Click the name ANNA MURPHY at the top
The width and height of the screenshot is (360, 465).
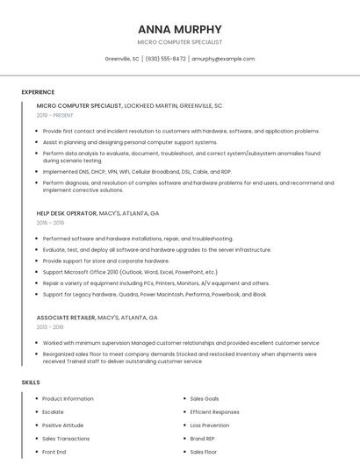pyautogui.click(x=179, y=29)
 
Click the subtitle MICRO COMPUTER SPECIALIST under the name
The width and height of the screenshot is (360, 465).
pyautogui.click(x=179, y=42)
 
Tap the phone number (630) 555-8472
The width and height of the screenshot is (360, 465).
pyautogui.click(x=165, y=59)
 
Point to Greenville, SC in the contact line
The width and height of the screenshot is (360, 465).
pyautogui.click(x=122, y=59)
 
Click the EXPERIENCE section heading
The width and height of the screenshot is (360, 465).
pyautogui.click(x=38, y=92)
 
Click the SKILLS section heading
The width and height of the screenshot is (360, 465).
pyautogui.click(x=31, y=383)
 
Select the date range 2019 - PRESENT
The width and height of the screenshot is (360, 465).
pyautogui.click(x=54, y=115)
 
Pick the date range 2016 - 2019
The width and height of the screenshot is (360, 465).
pyautogui.click(x=50, y=223)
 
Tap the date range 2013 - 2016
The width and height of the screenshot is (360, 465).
pyautogui.click(x=50, y=326)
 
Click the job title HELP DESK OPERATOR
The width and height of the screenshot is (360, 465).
pyautogui.click(x=66, y=213)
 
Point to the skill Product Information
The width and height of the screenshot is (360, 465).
pyautogui.click(x=68, y=399)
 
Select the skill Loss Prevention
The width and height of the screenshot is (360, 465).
pyautogui.click(x=209, y=426)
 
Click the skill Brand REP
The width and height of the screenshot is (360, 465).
pyautogui.click(x=203, y=439)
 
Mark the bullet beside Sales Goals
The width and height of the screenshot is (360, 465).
pyautogui.click(x=184, y=399)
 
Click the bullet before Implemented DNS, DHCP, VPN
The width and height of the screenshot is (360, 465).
pyautogui.click(x=37, y=172)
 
